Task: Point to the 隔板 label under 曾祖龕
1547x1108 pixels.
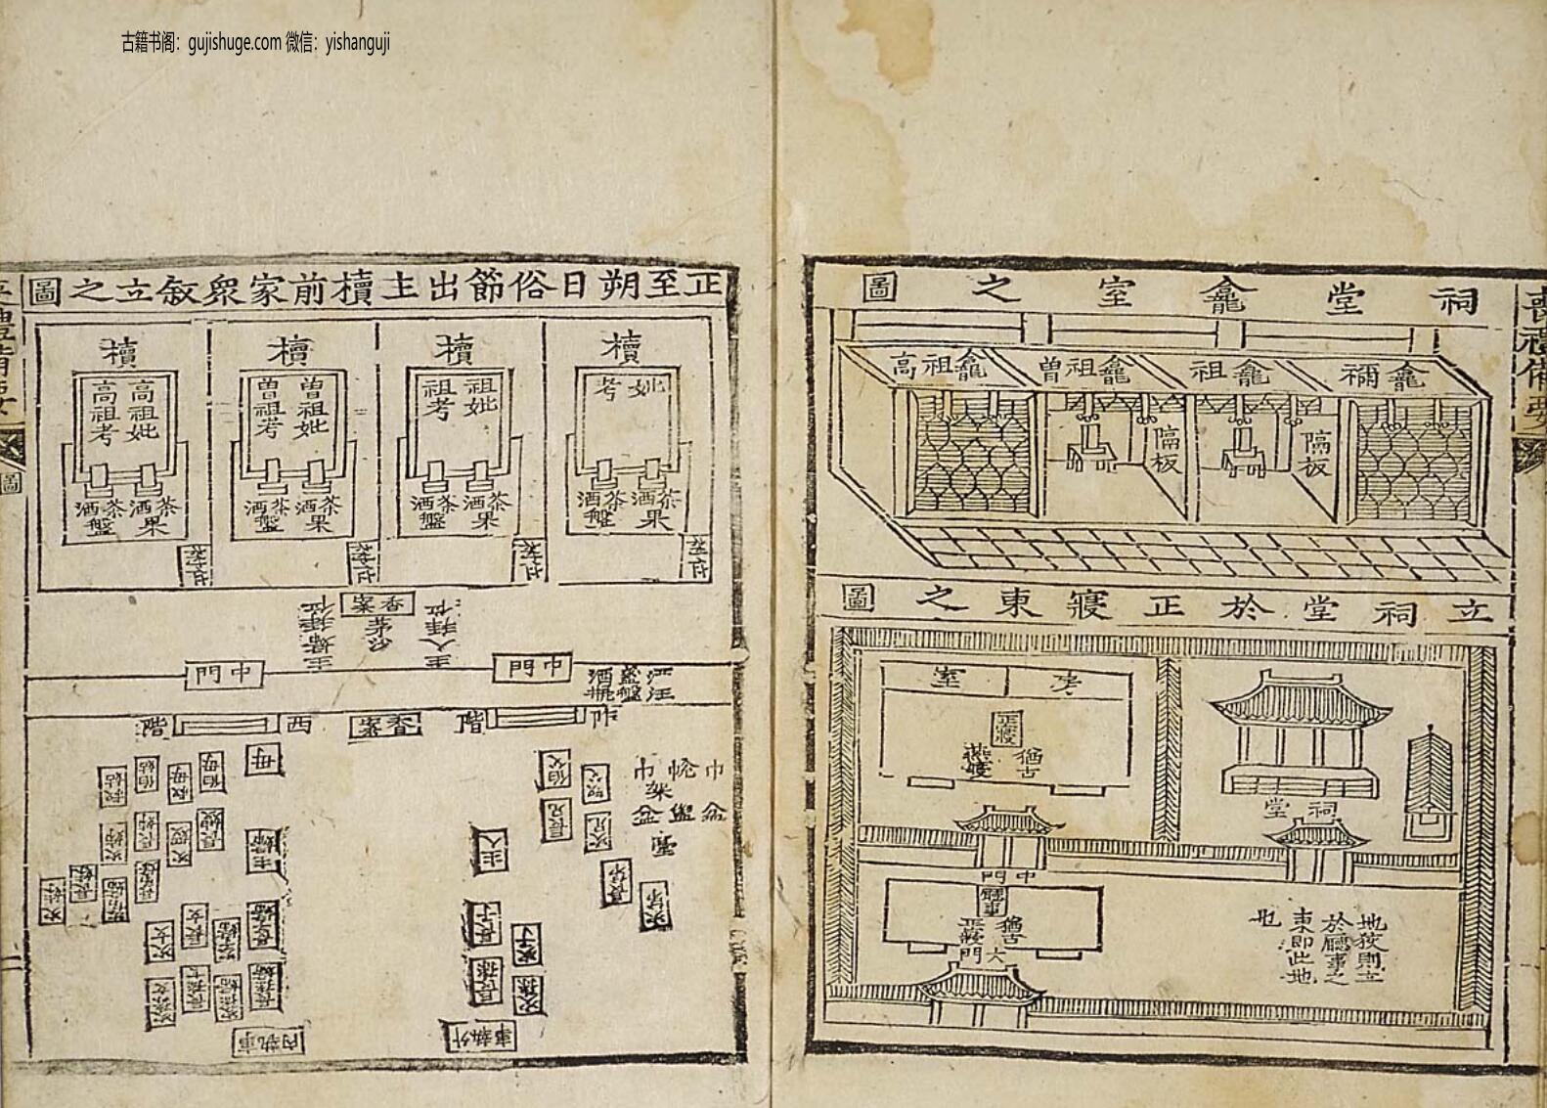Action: tap(1165, 449)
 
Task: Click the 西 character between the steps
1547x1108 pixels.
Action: tap(296, 725)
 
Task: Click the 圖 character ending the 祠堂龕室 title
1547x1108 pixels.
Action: tap(878, 288)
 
